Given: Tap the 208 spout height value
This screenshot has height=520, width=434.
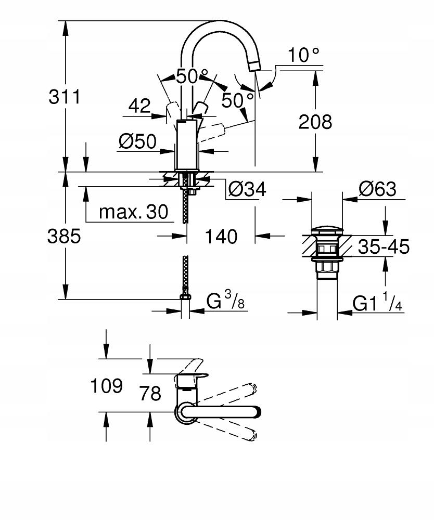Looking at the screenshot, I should point(315,122).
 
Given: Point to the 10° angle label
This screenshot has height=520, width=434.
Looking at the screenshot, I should point(303,55).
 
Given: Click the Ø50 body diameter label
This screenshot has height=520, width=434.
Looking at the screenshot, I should point(137,141).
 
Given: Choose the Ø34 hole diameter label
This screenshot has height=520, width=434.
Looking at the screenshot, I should point(247,190).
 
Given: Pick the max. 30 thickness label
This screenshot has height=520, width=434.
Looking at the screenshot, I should point(134,212).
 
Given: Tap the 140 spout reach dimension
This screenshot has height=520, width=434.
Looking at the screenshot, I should point(221,237).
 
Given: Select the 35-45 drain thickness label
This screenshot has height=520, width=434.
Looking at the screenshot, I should point(383,246).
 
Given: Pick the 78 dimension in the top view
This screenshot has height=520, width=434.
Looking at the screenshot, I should point(150,394).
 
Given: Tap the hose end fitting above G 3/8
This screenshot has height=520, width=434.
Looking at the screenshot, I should point(186,296).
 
